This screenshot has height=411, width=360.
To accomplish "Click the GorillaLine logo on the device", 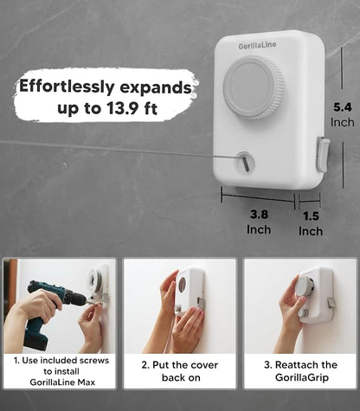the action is [x=257, y=46].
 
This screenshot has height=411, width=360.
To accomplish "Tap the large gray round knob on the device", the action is [x=254, y=88].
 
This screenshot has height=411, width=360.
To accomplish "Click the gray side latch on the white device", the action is [x=324, y=155].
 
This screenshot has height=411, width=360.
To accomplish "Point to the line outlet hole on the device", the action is [x=245, y=162].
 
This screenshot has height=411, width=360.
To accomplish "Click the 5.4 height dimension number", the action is [x=343, y=107].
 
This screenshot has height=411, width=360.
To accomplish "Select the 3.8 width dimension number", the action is [x=259, y=215].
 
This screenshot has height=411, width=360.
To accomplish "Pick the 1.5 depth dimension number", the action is [x=311, y=216].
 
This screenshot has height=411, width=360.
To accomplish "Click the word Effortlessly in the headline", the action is [x=67, y=87].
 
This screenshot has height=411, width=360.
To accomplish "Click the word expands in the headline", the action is [x=156, y=88].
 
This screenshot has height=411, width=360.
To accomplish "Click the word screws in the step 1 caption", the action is [x=94, y=361].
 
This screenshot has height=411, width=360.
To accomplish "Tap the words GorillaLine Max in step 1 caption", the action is [x=62, y=382].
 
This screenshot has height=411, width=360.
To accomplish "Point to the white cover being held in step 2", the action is [x=189, y=291].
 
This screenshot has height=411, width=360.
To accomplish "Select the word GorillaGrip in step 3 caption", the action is [x=302, y=377].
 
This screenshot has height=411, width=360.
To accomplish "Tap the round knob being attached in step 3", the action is [x=304, y=286].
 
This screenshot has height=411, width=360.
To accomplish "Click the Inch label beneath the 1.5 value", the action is [x=311, y=231].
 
